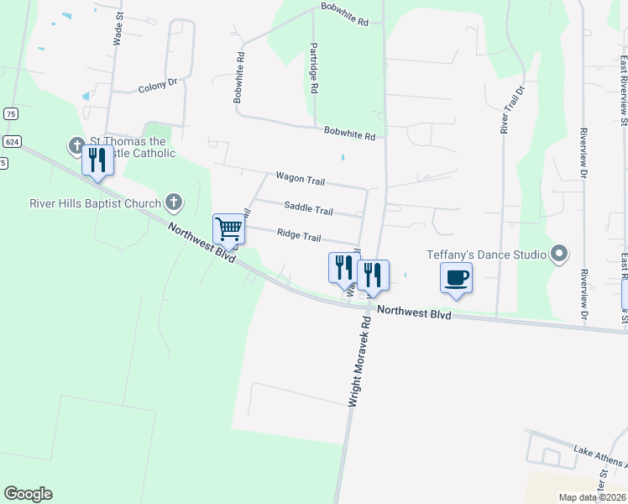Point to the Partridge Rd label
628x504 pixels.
tap(313, 67)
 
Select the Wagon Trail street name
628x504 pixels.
tap(300, 178)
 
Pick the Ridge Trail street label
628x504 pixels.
tap(299, 236)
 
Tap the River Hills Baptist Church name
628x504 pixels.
tap(95, 202)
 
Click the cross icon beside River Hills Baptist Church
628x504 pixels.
tap(174, 202)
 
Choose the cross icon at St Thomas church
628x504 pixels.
tap(76, 146)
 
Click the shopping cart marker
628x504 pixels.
tap(228, 228)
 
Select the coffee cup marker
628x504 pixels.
tap(456, 278)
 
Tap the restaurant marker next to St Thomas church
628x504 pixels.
tap(98, 160)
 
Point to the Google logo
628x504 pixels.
tap(28, 494)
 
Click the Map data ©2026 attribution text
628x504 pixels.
tap(593, 497)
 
